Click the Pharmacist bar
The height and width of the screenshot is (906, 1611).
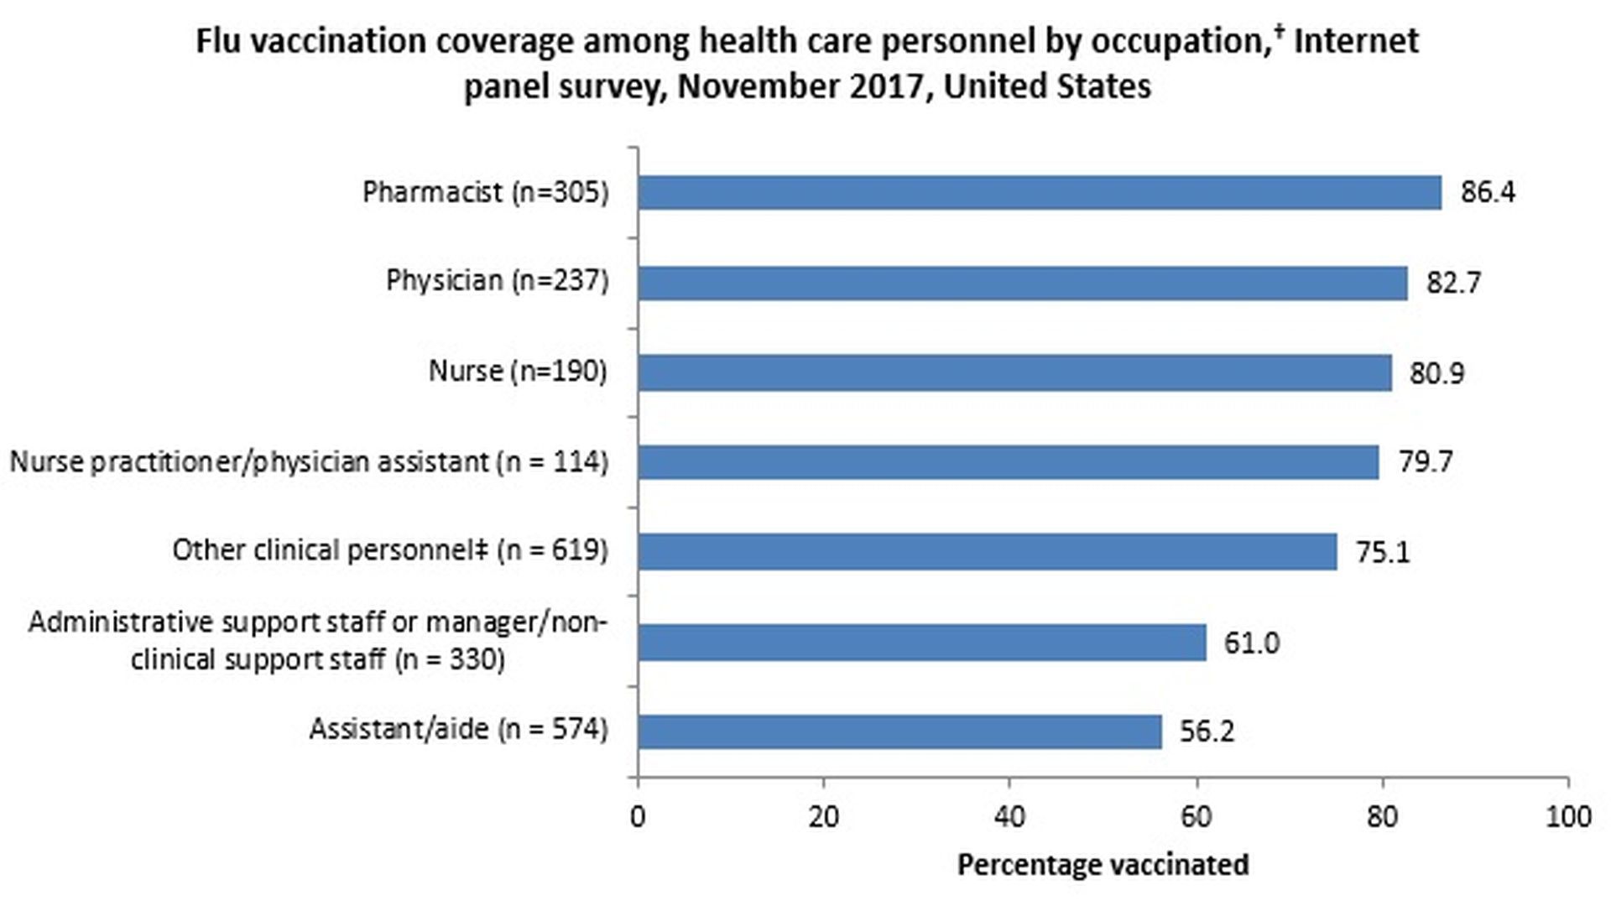coord(1039,192)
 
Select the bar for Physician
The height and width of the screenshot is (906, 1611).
coord(1022,283)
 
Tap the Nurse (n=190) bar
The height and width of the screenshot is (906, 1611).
coord(1014,372)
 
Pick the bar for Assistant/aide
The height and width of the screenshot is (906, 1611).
coord(899,732)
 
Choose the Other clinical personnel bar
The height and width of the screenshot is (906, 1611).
coord(987,552)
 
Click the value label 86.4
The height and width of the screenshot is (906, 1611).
coord(1488,192)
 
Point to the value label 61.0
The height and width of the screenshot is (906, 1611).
coord(1251,643)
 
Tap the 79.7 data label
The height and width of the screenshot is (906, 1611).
coord(1425,461)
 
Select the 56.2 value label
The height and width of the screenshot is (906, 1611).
coord(1207,732)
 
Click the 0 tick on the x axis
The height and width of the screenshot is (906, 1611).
coord(638,816)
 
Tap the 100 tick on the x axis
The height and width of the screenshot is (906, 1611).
coord(1567,816)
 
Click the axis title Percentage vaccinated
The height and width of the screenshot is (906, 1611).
coord(1103,865)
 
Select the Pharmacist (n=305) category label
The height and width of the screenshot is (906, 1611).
coord(485,192)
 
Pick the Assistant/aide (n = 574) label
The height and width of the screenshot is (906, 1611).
coord(458,728)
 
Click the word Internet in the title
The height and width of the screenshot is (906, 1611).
coord(1356,40)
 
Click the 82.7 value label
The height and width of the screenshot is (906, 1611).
coord(1453,283)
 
